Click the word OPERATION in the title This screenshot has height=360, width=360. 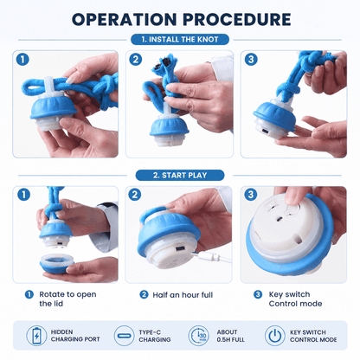(x=124, y=20)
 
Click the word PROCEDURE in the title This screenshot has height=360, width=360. (x=237, y=20)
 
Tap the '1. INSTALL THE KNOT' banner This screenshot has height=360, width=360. (x=180, y=40)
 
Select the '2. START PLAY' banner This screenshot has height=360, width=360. (x=180, y=175)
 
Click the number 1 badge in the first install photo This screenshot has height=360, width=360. (x=22, y=60)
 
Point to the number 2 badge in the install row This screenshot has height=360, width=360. (x=136, y=60)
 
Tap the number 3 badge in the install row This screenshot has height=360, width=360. (x=251, y=60)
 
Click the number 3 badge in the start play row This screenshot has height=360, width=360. (x=251, y=195)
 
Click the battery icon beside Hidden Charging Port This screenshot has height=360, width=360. (x=36, y=336)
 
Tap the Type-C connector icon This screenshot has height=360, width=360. (x=124, y=336)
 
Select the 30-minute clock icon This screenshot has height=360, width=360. (x=198, y=336)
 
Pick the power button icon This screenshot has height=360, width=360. (x=275, y=336)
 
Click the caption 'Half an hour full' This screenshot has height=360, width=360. (x=183, y=295)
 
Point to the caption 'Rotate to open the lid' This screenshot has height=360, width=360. (x=67, y=299)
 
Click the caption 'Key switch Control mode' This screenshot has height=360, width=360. (x=295, y=299)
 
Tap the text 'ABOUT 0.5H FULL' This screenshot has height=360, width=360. (x=230, y=336)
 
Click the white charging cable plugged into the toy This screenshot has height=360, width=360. (x=212, y=256)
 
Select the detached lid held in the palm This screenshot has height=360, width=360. (x=56, y=263)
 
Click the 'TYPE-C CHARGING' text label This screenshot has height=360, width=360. (x=155, y=336)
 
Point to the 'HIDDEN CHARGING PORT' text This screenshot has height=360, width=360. (x=75, y=336)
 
